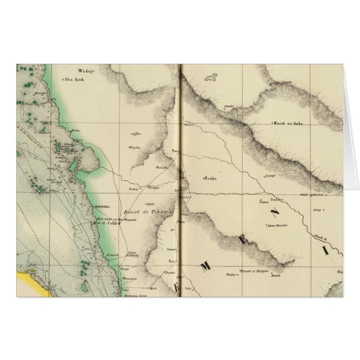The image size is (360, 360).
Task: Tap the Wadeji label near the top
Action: tap(84, 72)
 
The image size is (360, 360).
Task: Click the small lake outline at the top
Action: tap(211, 78)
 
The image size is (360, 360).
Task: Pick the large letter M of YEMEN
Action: tap(206, 268)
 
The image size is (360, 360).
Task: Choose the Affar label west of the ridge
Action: tap(136, 134)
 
